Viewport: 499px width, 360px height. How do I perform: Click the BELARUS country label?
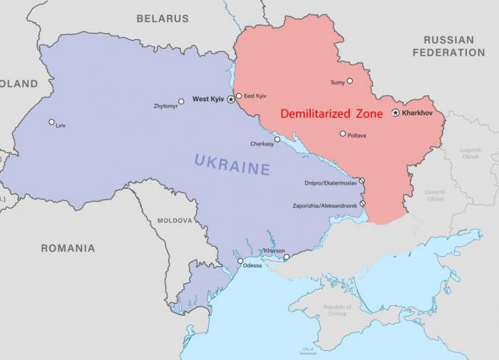[x=163, y=18]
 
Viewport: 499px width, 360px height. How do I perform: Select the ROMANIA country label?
[x=68, y=248]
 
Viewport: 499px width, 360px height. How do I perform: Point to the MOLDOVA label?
[x=175, y=221]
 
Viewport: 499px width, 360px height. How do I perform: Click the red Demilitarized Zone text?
[x=331, y=113]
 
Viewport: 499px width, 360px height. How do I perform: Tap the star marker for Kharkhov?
[x=396, y=113]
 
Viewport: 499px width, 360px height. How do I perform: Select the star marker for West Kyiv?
[x=231, y=100]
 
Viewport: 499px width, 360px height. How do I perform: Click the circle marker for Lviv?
[x=51, y=122]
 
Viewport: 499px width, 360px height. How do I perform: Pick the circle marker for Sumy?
[x=349, y=81]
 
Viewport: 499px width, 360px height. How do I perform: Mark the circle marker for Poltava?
[x=343, y=133]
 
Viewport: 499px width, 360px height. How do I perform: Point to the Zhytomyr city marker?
[x=181, y=101]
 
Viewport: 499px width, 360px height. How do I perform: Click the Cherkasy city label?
[x=262, y=144]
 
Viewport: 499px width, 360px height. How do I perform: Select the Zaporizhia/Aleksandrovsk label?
[x=326, y=206]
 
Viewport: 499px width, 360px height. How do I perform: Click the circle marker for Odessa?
[x=240, y=261]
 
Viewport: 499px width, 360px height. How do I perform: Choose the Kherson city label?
[x=274, y=250]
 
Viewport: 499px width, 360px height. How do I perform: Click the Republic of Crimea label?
[x=336, y=310]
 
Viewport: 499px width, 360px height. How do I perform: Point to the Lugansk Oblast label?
[x=470, y=153]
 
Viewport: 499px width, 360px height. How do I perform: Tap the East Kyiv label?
[x=255, y=96]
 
